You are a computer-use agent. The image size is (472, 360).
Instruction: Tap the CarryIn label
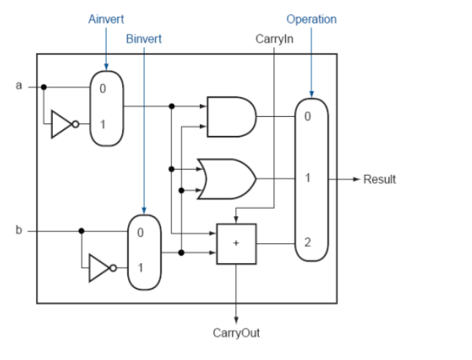[x=273, y=38]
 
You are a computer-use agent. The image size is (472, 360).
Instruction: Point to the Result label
[x=379, y=179]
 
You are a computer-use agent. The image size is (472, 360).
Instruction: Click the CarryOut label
[x=235, y=333]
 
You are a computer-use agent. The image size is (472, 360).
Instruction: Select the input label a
[x=20, y=86]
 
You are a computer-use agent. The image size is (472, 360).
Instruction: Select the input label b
[x=20, y=231]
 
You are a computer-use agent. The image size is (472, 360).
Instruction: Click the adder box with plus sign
[x=235, y=243]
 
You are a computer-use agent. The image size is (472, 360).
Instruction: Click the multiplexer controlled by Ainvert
[x=105, y=105]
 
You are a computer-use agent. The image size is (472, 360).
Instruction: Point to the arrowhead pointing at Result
[x=356, y=179]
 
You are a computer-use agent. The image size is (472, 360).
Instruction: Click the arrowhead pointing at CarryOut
[x=235, y=317]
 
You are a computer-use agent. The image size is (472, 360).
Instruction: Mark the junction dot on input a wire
[x=44, y=87]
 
